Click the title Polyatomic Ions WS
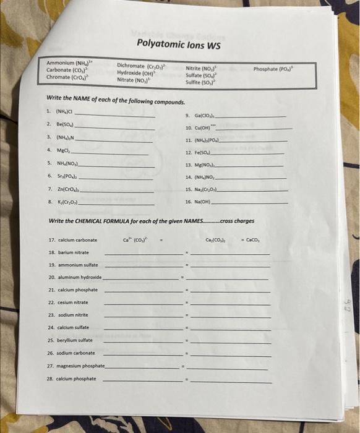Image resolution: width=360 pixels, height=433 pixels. point(179,45)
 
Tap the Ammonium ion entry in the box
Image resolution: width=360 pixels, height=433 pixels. point(69,63)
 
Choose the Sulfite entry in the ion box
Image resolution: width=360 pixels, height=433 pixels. point(201,82)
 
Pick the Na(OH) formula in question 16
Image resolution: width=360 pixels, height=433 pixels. point(206,202)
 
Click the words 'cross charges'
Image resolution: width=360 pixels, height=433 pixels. point(237,221)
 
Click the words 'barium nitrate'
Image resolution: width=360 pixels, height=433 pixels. point(72,252)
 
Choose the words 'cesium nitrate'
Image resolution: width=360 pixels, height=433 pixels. point(72,302)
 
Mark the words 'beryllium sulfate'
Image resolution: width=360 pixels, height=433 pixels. point(74,340)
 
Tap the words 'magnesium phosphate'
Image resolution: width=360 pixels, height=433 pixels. point(80,366)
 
